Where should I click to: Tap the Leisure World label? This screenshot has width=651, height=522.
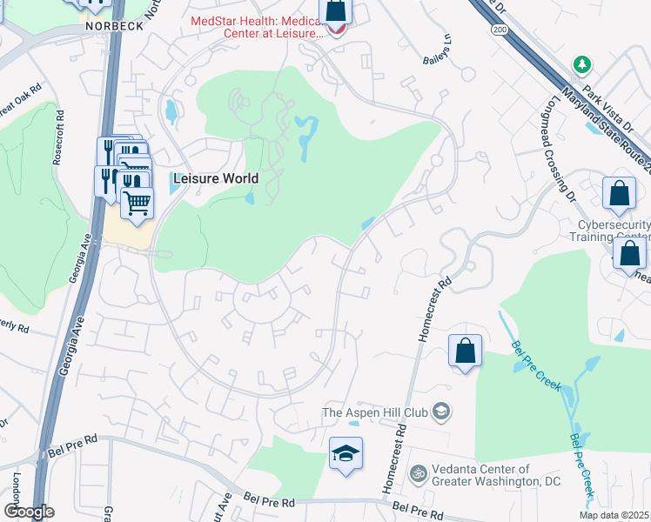coord(216,178)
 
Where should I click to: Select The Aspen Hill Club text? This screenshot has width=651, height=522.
coord(376,412)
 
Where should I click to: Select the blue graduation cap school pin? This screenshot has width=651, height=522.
coord(346,453)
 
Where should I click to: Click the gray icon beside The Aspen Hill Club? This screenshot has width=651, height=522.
coord(441,412)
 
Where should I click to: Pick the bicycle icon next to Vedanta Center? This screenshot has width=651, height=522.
coord(418,474)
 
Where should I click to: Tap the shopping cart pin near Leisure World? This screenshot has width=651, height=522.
coord(137,203)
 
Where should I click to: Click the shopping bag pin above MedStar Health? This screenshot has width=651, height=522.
coord(335,11)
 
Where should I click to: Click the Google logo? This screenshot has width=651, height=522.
coord(29,512)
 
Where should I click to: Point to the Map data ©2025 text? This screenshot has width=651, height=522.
coord(614,515)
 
